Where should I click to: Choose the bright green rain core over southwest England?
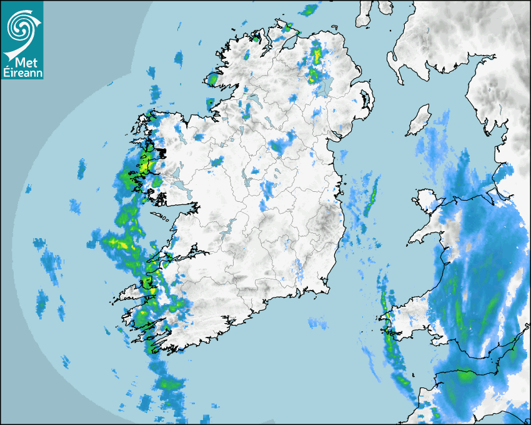click(x=465, y=376)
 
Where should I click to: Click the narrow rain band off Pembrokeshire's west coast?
click(x=390, y=337)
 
